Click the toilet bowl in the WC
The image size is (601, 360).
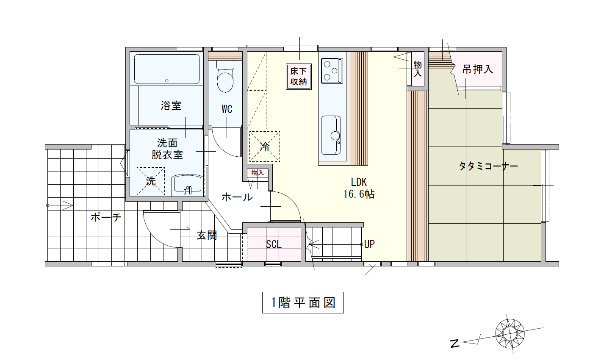click(x=225, y=77)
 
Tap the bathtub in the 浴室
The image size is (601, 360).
click(x=166, y=69)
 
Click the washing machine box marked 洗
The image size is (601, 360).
click(x=150, y=181)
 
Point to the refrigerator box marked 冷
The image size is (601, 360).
click(x=265, y=147)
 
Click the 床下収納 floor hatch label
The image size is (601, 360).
click(x=299, y=77)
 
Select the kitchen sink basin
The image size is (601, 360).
click(x=331, y=135)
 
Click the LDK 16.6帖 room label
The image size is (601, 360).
click(x=359, y=188)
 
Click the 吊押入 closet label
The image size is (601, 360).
click(x=478, y=69)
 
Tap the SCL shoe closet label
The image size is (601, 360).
click(x=274, y=244)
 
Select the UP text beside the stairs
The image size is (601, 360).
click(x=369, y=244)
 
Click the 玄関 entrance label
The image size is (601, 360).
click(x=207, y=235)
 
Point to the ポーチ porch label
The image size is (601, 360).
click(x=106, y=217)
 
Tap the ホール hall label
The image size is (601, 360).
click(x=237, y=197)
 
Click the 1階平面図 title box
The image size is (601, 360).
click(x=303, y=302)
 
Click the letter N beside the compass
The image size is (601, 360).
click(x=455, y=343)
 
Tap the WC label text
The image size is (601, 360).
click(x=227, y=109)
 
